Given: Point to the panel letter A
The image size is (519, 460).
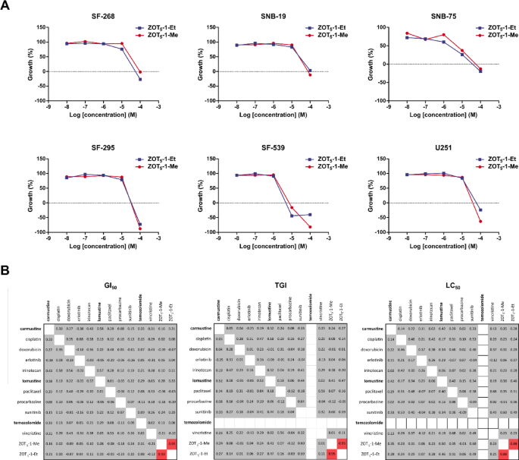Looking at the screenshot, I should click(x=5, y=6).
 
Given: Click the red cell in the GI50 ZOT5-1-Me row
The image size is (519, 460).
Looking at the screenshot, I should click(x=161, y=442).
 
